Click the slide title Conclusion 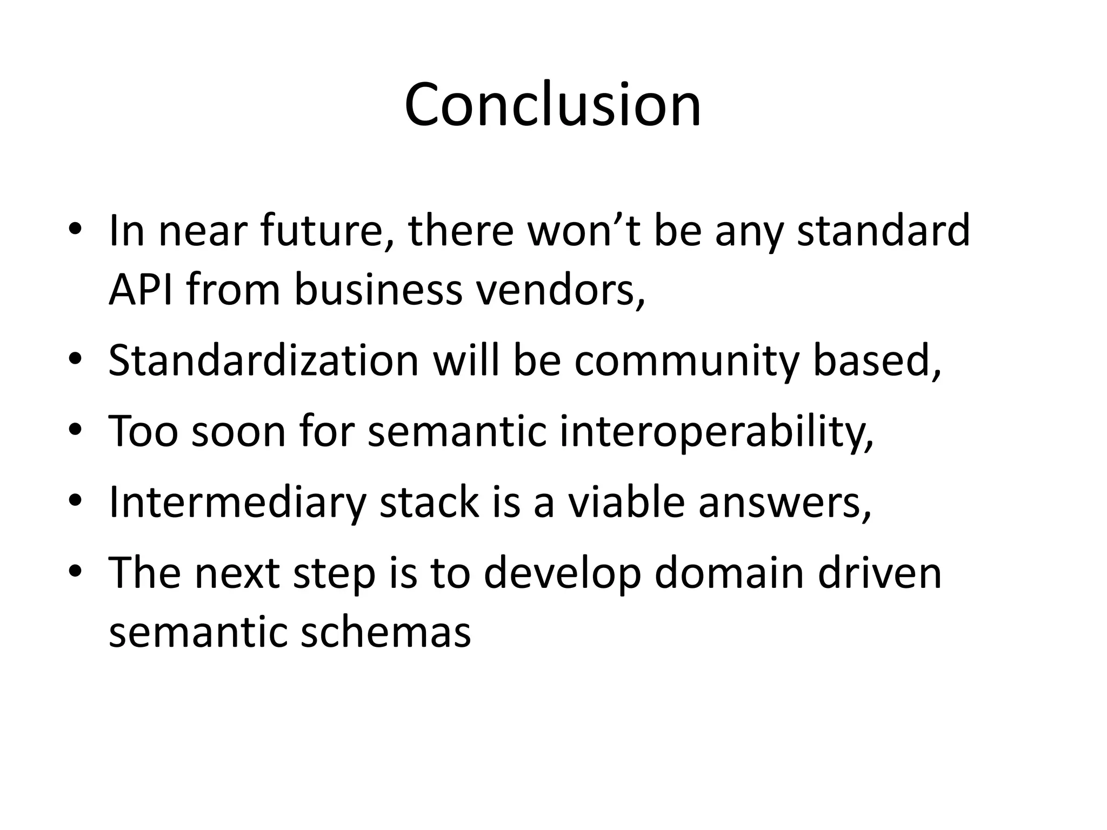pos(552,105)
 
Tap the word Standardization pos(264,360)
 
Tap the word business pos(378,289)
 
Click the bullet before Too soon pos(75,431)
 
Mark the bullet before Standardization pos(75,360)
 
